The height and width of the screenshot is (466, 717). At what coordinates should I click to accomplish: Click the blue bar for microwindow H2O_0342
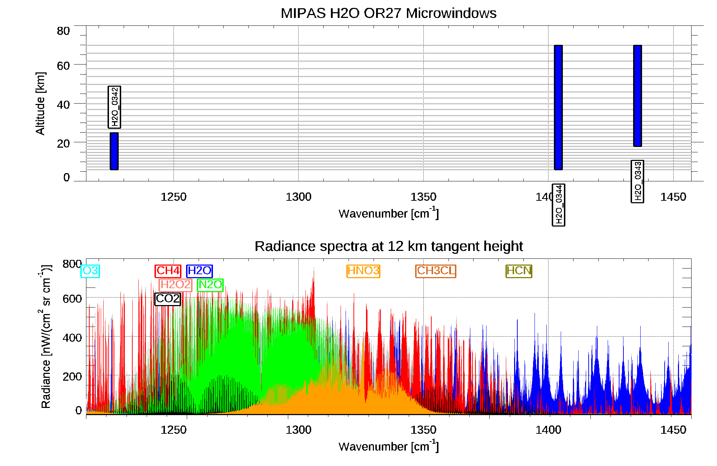(114, 151)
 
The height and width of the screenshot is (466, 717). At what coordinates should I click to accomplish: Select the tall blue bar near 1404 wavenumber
(558, 107)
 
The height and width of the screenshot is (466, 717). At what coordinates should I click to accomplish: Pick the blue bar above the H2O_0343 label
(637, 96)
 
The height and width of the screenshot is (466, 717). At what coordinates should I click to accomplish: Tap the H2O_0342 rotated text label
(114, 107)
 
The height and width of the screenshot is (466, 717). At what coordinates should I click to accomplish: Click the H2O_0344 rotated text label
(559, 205)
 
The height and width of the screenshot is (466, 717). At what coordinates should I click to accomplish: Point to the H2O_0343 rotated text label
(637, 181)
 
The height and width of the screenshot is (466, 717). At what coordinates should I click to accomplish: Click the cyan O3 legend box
(90, 271)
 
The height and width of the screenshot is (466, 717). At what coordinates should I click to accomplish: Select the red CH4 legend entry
(168, 271)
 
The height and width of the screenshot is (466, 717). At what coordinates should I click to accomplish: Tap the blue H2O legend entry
(199, 271)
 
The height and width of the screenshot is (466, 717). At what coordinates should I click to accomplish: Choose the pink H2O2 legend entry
(175, 285)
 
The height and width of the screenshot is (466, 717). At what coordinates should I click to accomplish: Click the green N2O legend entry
(210, 285)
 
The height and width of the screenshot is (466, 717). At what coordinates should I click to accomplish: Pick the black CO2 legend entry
(167, 299)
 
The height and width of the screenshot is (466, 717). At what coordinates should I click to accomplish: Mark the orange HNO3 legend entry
(363, 271)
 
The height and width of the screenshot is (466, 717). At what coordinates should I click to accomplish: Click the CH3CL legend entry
(436, 271)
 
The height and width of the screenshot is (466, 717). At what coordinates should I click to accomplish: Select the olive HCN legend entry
(519, 271)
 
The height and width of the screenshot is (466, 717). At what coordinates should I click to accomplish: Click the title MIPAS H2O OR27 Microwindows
(388, 13)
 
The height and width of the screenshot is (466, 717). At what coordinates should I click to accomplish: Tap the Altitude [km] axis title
(41, 103)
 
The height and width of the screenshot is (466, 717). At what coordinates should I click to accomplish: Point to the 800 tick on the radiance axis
(72, 264)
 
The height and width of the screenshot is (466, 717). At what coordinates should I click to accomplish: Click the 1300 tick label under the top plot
(298, 197)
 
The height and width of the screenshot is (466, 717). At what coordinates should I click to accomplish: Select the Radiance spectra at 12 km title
(388, 246)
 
